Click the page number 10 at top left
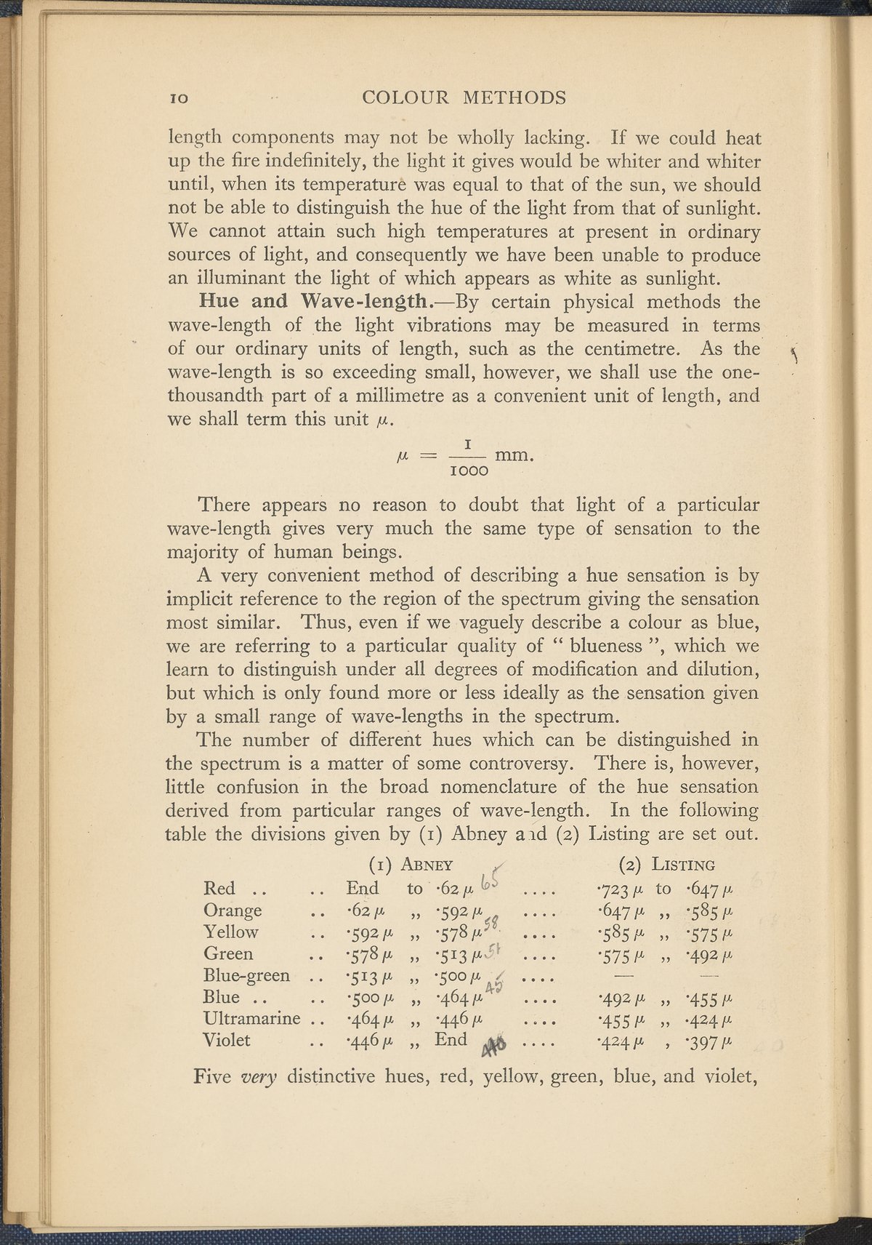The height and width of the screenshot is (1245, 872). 177,97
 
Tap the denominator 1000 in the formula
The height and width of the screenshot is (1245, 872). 469,471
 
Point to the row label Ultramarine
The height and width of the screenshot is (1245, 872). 251,1018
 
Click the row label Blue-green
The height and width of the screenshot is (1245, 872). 247,974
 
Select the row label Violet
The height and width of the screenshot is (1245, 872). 227,1040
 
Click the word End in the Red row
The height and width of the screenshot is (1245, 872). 362,888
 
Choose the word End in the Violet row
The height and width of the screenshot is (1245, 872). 451,1040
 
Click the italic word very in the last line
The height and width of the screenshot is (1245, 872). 259,1076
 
